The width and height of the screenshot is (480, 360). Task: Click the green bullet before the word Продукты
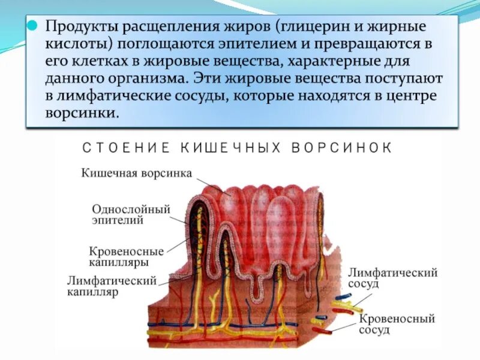click(x=34, y=28)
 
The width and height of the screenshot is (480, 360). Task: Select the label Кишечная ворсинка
click(x=136, y=173)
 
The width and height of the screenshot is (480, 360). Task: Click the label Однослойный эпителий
click(x=131, y=214)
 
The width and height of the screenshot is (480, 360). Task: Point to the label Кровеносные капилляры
click(x=126, y=256)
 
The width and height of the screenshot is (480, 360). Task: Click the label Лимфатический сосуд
click(x=392, y=278)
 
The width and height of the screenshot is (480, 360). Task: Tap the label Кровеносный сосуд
click(x=397, y=324)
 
